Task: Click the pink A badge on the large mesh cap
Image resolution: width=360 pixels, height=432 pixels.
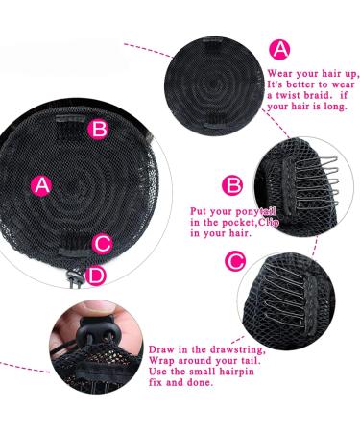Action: (41, 185)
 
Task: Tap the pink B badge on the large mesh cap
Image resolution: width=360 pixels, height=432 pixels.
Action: (98, 129)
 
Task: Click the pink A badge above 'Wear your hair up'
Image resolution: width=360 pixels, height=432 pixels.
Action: (278, 50)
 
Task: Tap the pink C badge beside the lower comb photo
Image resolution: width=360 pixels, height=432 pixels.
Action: (233, 260)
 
